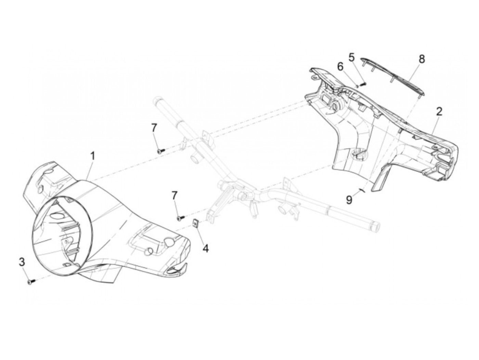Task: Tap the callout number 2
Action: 439,111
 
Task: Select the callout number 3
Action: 22,262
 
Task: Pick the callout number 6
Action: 340,67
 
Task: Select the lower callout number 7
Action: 174,195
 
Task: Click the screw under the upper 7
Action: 160,150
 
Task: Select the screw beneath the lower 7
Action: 180,217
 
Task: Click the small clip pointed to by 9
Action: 361,190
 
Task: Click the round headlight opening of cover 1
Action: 62,236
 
